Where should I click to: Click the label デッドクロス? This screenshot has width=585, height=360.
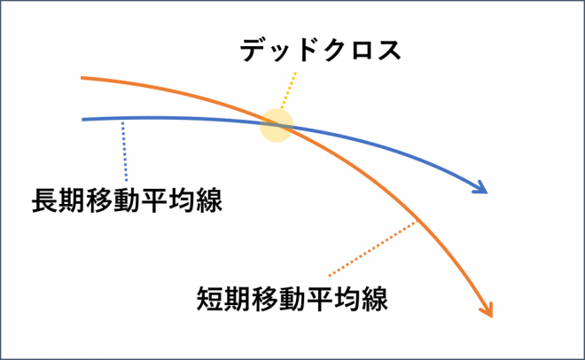[321, 51]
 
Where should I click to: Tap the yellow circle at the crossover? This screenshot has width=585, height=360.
[277, 125]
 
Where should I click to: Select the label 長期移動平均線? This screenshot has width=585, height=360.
[128, 200]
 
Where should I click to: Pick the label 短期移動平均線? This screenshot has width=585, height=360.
[292, 299]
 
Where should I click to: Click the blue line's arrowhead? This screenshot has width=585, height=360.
[481, 187]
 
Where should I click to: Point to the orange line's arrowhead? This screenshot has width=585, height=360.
[487, 310]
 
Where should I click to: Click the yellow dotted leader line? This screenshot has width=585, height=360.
[289, 90]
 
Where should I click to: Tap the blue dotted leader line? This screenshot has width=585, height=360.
[125, 151]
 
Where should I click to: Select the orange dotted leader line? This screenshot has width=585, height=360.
[372, 249]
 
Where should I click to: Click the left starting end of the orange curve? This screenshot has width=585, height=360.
[82, 78]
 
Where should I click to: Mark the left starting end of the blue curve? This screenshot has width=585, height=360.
[82, 120]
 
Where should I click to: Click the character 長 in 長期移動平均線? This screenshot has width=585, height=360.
[45, 200]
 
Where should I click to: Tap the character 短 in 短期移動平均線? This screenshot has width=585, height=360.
[210, 299]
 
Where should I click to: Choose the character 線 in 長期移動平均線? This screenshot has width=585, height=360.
[210, 200]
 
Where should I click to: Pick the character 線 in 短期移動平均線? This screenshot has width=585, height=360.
[375, 299]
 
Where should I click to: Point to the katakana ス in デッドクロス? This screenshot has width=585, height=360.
[389, 51]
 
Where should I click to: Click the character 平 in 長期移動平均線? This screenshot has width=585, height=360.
[155, 200]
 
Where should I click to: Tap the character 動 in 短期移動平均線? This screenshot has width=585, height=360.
[292, 299]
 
